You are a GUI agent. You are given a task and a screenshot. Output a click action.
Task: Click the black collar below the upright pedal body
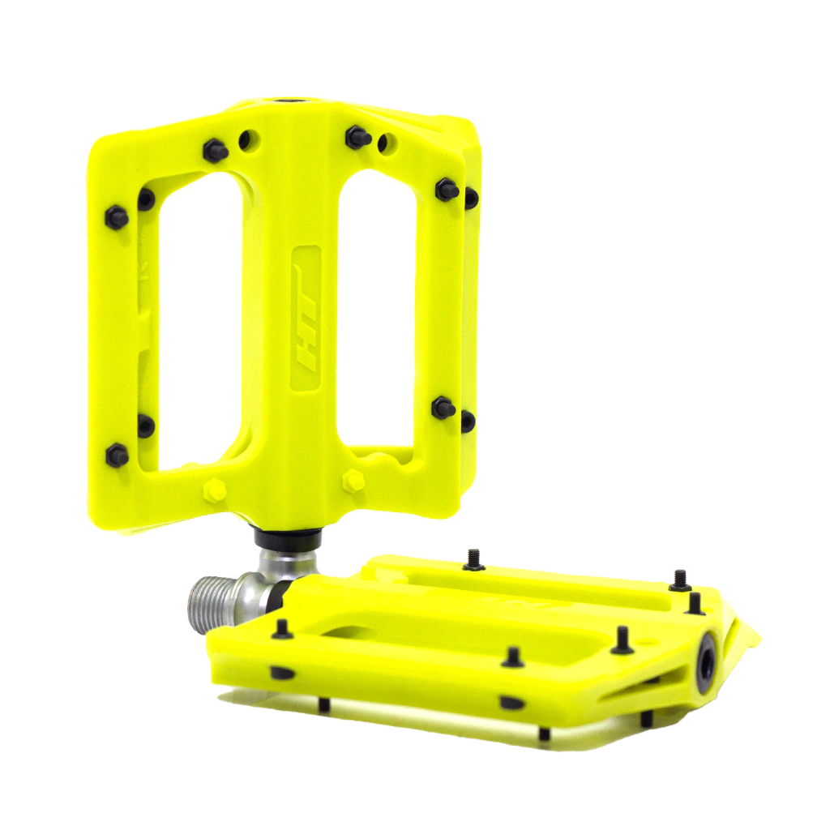(x=289, y=537)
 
